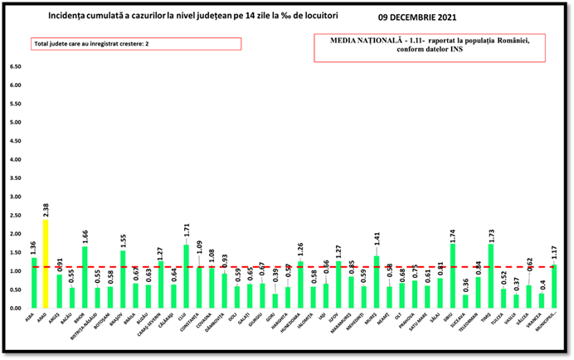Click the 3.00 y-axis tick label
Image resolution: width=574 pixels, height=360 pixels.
15,197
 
